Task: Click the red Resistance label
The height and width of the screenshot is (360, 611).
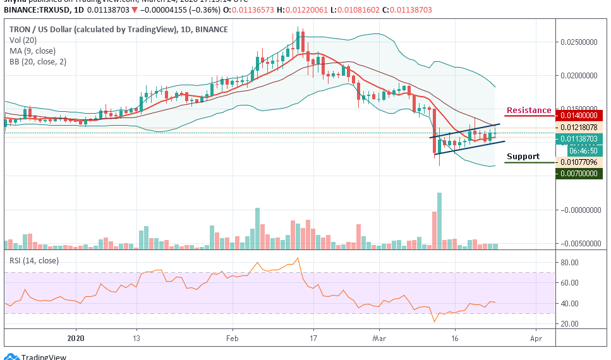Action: pyautogui.click(x=528, y=111)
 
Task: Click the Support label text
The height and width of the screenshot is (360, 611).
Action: pyautogui.click(x=523, y=157)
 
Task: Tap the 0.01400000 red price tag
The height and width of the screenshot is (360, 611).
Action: pyautogui.click(x=582, y=116)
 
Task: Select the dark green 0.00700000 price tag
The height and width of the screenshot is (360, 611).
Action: pyautogui.click(x=582, y=173)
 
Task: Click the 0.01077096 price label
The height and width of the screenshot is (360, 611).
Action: pyautogui.click(x=582, y=162)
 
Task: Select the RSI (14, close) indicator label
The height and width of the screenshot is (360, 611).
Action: pyautogui.click(x=33, y=260)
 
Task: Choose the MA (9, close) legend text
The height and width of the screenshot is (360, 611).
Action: pyautogui.click(x=33, y=51)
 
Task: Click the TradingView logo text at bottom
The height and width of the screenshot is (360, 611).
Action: pyautogui.click(x=44, y=357)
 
